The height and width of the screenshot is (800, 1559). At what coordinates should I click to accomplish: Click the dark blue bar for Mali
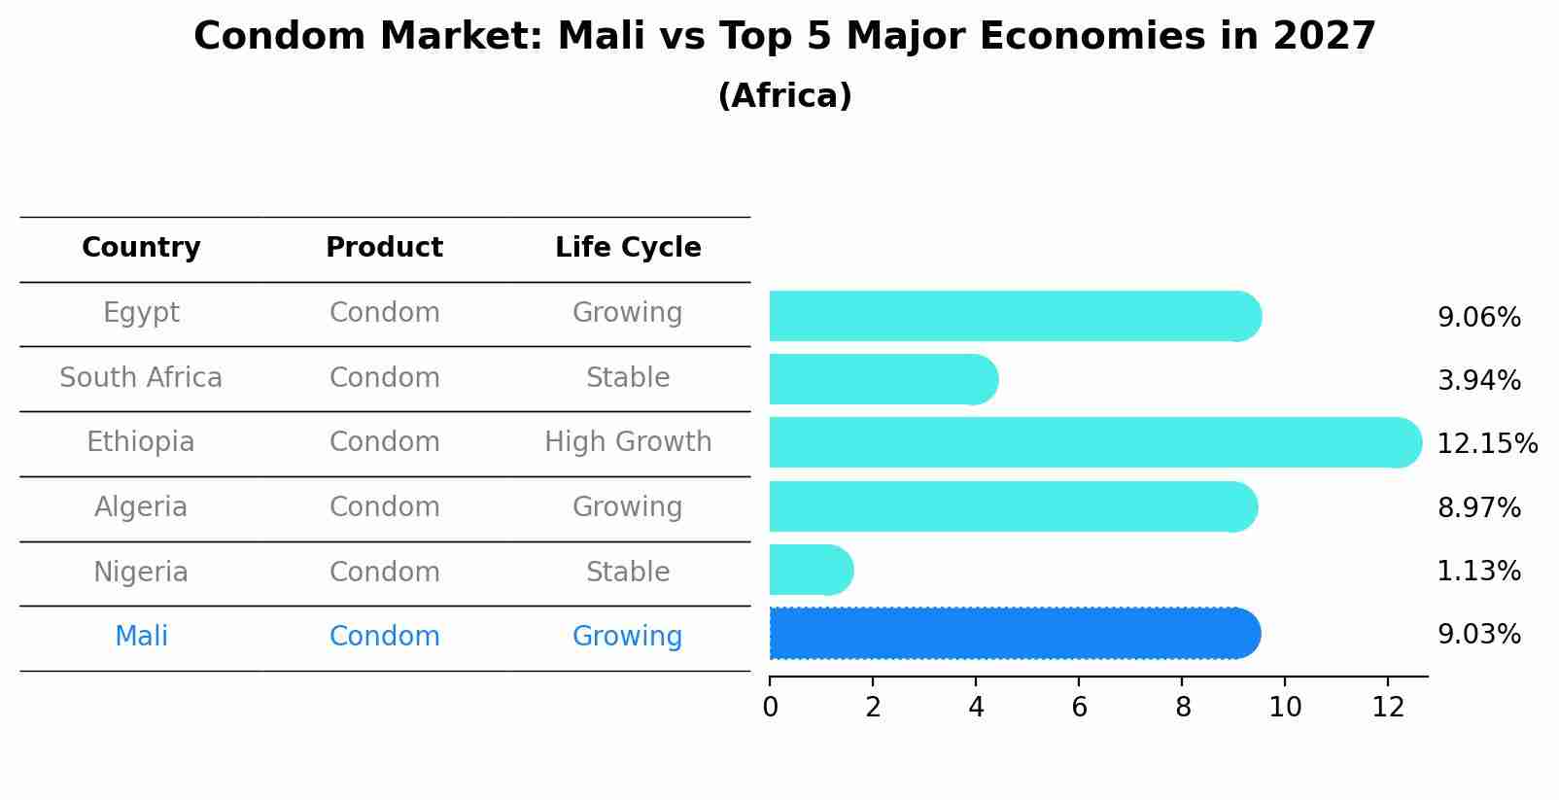[x=1011, y=634]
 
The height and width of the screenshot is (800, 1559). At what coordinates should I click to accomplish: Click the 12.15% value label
[x=1486, y=444]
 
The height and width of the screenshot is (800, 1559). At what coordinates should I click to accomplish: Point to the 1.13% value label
[x=1478, y=572]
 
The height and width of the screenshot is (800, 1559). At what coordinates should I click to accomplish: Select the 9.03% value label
[x=1478, y=635]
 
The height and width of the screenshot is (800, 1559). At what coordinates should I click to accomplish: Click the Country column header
[x=141, y=248]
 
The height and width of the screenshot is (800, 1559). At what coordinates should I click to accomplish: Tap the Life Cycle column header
[x=628, y=248]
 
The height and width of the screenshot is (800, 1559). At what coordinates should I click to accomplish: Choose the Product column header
[x=384, y=248]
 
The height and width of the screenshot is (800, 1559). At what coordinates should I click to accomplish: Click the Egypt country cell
[x=141, y=313]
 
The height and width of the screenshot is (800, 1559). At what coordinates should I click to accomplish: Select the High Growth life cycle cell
[x=628, y=442]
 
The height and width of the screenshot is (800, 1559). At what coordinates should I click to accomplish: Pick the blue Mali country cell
[x=141, y=637]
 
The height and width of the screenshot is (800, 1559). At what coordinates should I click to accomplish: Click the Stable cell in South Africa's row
[x=628, y=378]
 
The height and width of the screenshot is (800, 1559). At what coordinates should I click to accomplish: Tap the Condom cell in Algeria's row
[x=384, y=507]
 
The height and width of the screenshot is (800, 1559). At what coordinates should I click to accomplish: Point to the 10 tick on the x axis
[x=1285, y=708]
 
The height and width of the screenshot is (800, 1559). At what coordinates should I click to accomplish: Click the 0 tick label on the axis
[x=770, y=708]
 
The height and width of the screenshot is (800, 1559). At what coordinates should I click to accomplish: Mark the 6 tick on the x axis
[x=1079, y=708]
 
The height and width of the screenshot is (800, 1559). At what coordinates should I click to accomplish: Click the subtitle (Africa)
[x=784, y=96]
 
